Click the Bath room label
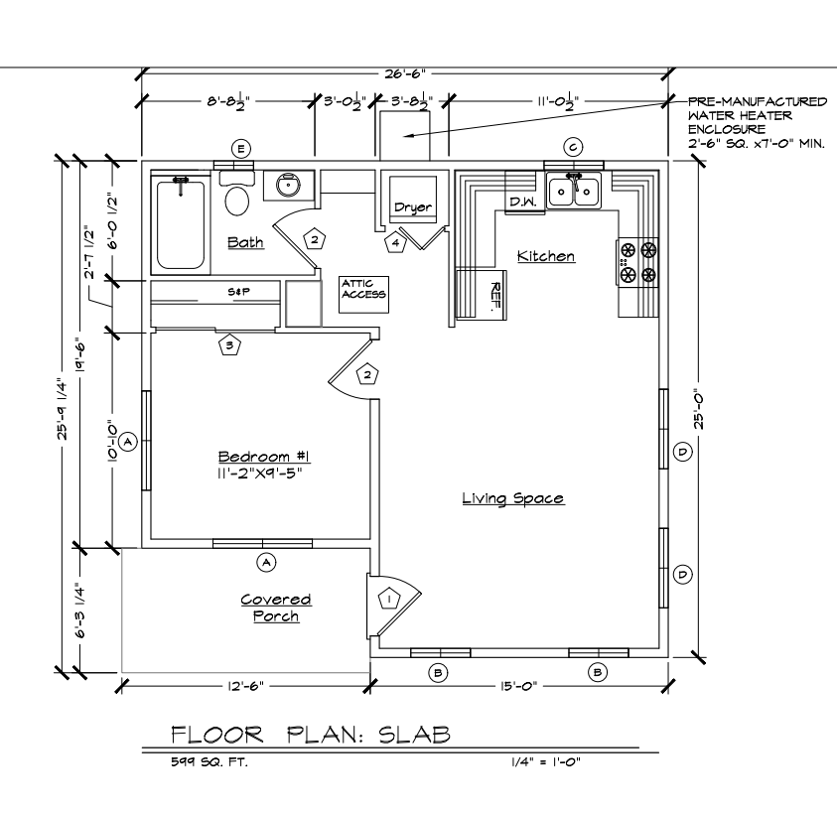click(245, 242)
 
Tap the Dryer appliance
click(413, 200)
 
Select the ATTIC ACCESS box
click(364, 294)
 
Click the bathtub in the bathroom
click(181, 224)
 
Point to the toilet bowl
click(237, 202)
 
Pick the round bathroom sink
click(288, 186)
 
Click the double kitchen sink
click(574, 190)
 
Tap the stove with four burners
click(637, 263)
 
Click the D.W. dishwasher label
click(522, 202)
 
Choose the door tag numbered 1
click(389, 599)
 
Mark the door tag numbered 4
click(395, 243)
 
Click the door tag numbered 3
click(229, 345)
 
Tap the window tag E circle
click(240, 148)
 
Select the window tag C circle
click(573, 147)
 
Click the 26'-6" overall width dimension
click(405, 73)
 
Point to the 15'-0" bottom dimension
click(518, 686)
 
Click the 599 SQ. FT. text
click(209, 762)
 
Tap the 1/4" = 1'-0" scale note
click(545, 761)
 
